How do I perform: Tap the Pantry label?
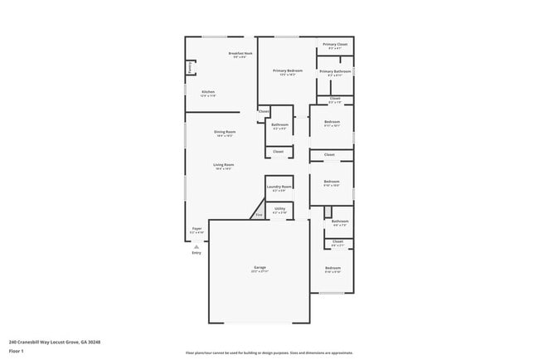pos(189,67)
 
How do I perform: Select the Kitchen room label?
pos(208,93)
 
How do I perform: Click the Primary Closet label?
pos(335,45)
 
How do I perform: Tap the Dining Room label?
pos(224,133)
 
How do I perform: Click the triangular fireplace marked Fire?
pos(258,215)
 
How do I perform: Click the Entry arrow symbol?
pos(197,246)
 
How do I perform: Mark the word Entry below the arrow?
pos(197,252)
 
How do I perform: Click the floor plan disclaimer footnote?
pos(269,353)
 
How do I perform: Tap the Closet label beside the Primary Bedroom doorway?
pos(264,111)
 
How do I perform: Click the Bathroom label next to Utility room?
pos(340,221)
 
